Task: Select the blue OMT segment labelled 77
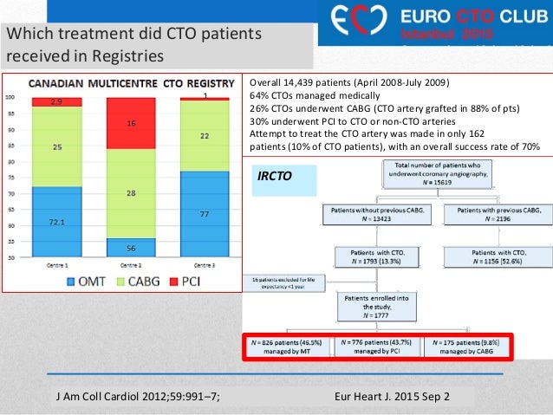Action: pos(205,212)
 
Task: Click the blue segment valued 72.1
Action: pos(56,223)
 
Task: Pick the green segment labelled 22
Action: pos(205,136)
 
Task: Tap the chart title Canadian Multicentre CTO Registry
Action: pos(132,84)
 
